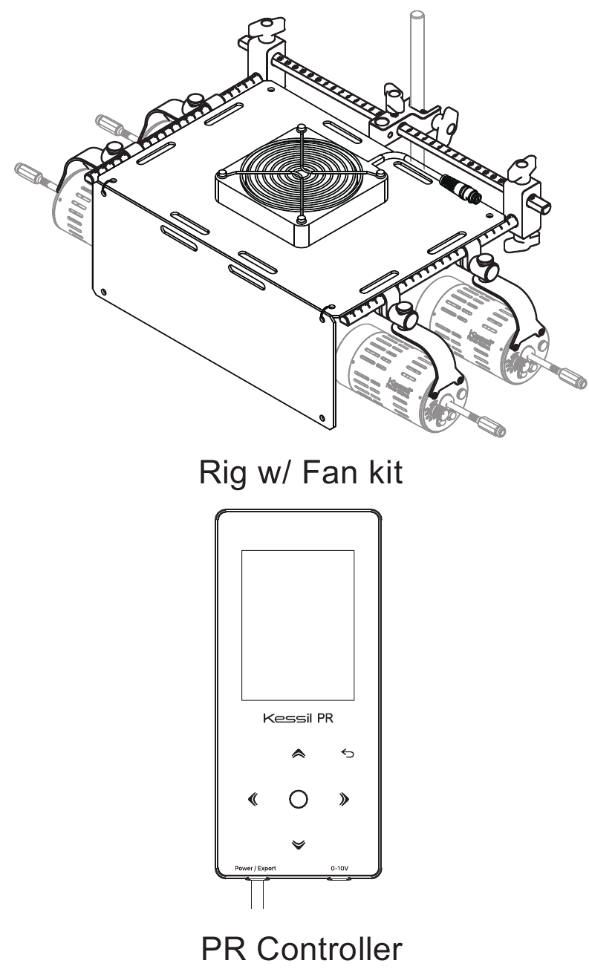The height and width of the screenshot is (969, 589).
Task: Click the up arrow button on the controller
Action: pos(297,754)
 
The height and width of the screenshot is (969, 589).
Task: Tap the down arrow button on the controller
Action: pos(297,844)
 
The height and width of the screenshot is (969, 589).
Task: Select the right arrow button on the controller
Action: pos(343,800)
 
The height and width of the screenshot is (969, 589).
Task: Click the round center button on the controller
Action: pos(297,800)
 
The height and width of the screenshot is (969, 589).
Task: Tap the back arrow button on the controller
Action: pos(348,754)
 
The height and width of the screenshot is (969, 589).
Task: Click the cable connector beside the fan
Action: pos(459,186)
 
